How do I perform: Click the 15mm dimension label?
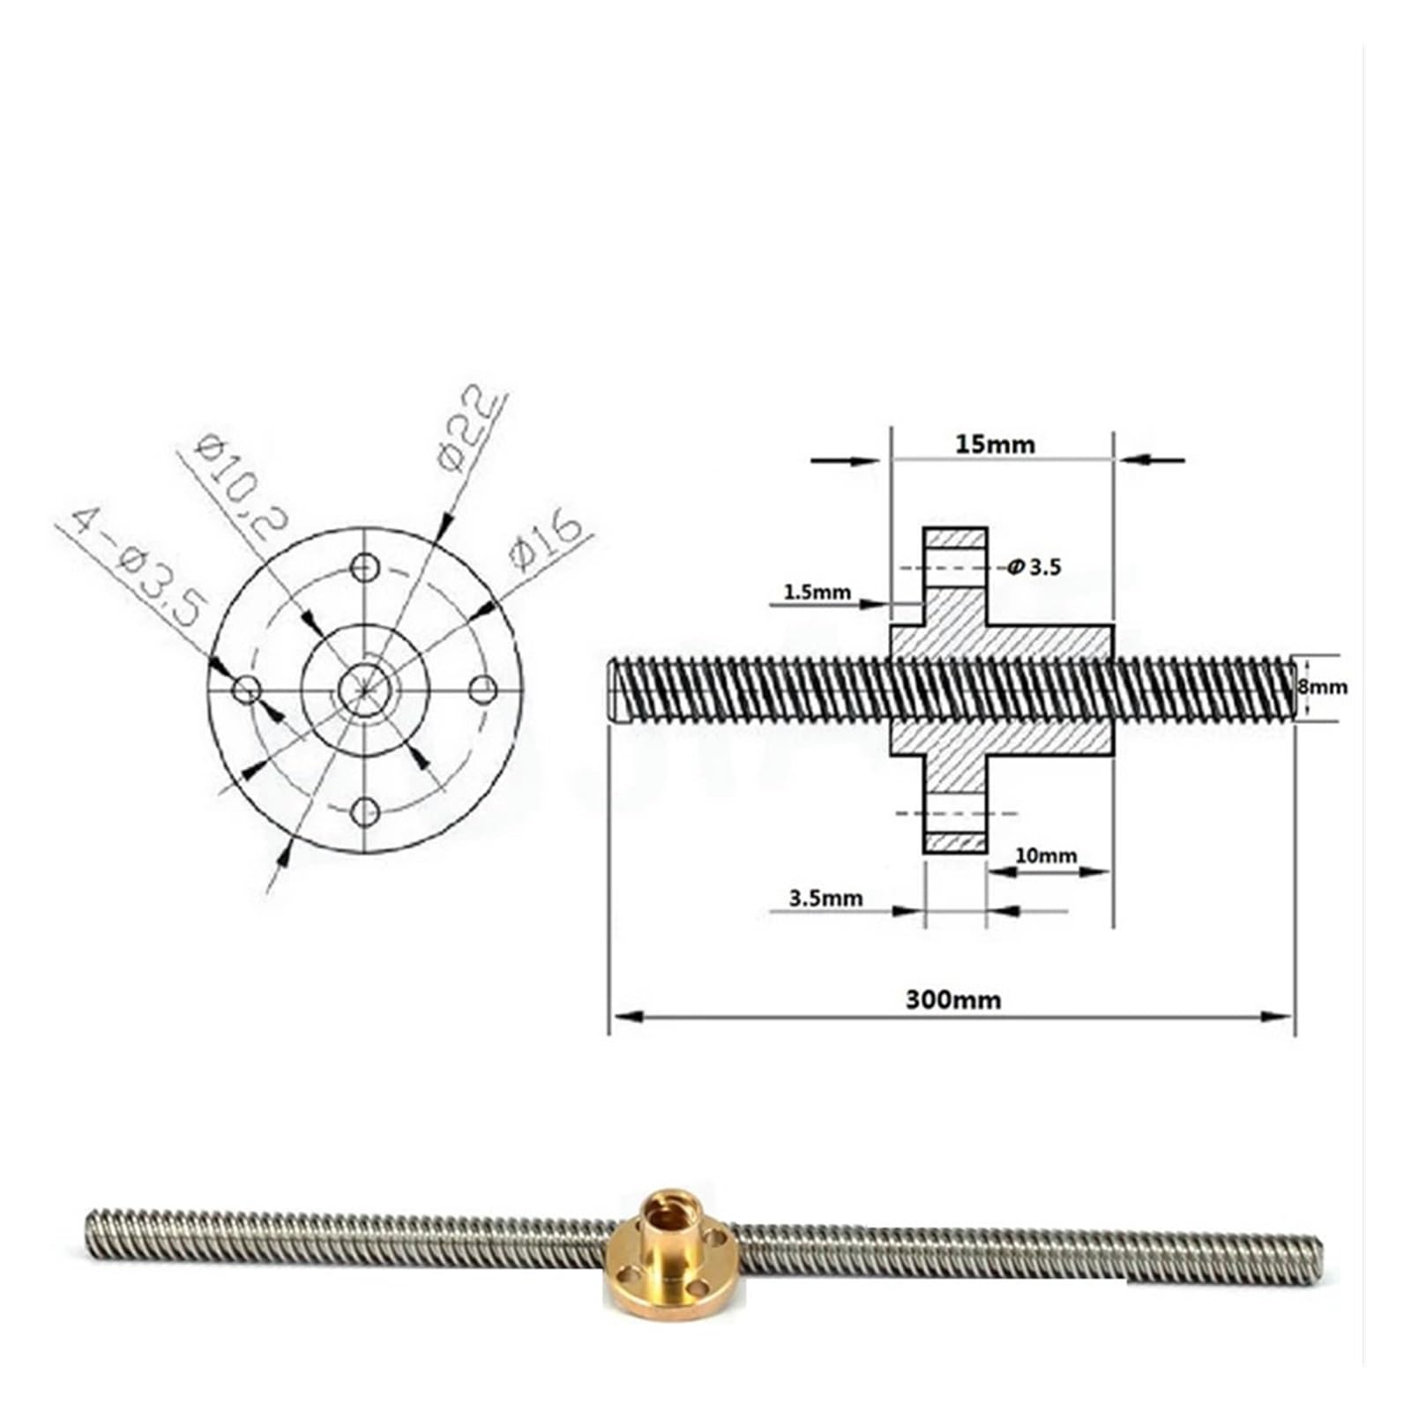tap(995, 444)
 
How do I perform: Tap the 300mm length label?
tap(953, 1000)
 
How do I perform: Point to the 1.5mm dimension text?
tap(817, 592)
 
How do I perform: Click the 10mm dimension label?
tap(1046, 855)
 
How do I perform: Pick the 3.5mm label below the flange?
tap(825, 899)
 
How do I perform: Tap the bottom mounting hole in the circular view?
tap(364, 810)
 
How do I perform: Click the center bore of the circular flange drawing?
tap(364, 689)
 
